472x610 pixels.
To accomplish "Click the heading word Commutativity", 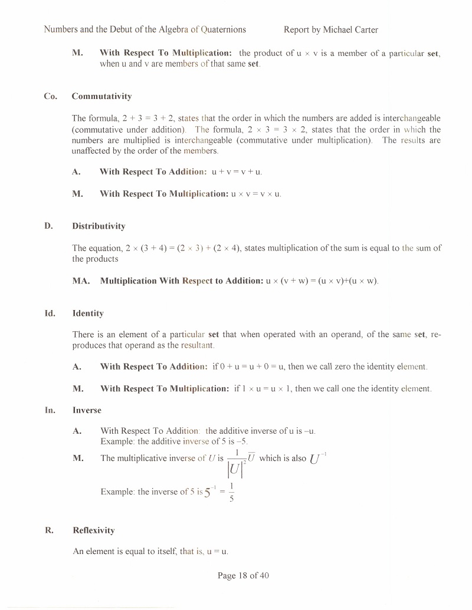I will [x=101, y=96].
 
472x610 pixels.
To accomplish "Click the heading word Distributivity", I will [x=99, y=226].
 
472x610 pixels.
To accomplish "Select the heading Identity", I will [x=88, y=314].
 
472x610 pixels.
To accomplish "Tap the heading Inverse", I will [x=87, y=410].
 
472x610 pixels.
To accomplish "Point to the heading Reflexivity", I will [x=93, y=530].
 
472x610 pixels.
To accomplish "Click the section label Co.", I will [x=51, y=96].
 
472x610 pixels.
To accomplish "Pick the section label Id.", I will [x=50, y=314].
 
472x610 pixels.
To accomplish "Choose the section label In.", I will [x=51, y=410].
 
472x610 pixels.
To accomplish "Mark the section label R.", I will [x=50, y=530].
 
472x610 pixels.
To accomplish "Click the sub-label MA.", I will [x=81, y=281].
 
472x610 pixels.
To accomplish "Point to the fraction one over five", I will [x=232, y=492].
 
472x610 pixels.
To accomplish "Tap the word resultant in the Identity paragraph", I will [x=198, y=345].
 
